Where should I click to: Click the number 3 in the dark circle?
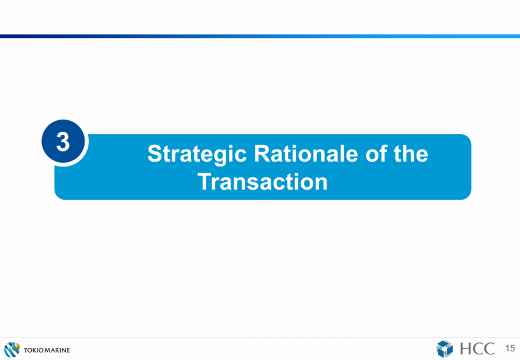point(63,141)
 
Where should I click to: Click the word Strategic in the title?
point(197,154)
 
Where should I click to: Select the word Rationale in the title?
point(306,154)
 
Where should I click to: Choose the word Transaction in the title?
point(263,182)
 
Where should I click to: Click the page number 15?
point(510,348)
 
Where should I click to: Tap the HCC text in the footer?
point(477,349)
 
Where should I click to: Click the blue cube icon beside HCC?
point(444,349)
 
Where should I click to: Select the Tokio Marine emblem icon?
point(12,350)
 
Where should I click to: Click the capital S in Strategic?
point(155,154)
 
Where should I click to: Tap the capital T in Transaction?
point(205,182)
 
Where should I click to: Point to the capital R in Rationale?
point(263,154)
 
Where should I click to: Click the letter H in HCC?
point(466,349)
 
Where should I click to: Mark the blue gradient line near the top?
point(260,36)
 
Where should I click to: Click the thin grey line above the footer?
point(260,338)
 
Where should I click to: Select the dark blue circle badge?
point(63,141)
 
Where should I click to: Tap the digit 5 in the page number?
point(512,348)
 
